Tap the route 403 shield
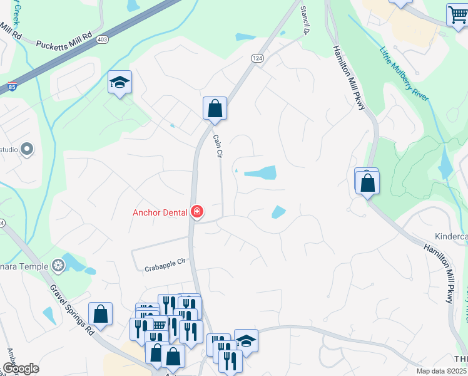[x=101, y=40]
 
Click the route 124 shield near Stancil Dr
[x=257, y=58]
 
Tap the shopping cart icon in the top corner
[x=457, y=15]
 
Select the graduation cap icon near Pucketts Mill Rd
[x=120, y=82]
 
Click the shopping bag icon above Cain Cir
[x=215, y=108]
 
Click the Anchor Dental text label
[x=160, y=212]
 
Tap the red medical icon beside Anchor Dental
[x=196, y=212]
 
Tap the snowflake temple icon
[x=58, y=266]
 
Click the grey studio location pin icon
[x=26, y=149]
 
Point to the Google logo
[x=21, y=368]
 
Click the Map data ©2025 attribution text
[x=441, y=371]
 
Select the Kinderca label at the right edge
[x=451, y=237]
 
